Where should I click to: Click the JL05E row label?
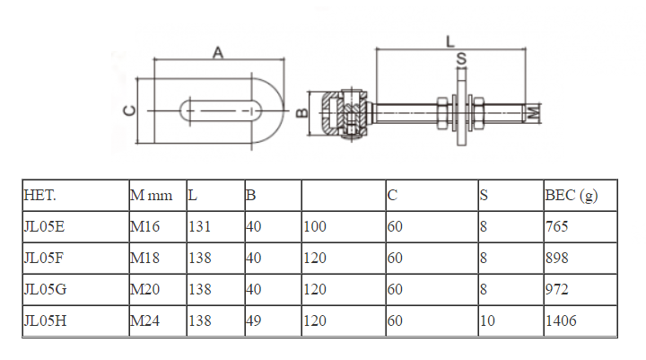click(44, 227)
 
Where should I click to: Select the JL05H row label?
click(44, 320)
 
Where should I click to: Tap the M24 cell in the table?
click(145, 320)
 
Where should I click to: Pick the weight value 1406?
click(561, 320)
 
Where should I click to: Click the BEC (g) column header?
click(572, 195)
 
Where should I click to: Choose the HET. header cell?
click(40, 195)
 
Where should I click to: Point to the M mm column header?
click(150, 195)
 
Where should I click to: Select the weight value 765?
click(557, 227)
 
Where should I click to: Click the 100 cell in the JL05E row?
click(315, 227)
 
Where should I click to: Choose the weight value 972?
click(557, 289)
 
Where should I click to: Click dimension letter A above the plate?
click(217, 53)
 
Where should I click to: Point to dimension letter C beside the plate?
click(129, 110)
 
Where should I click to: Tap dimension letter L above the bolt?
click(450, 40)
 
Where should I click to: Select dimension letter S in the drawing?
click(461, 59)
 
